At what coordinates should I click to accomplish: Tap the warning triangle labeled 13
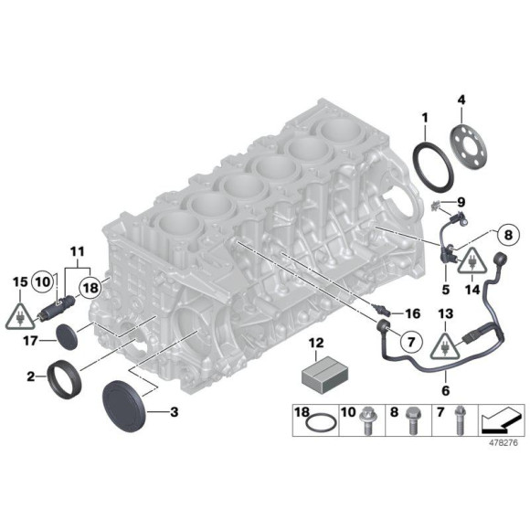tap(443, 345)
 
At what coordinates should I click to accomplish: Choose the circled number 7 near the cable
tap(408, 342)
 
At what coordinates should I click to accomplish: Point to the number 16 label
tap(411, 312)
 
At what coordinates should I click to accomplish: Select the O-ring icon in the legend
tap(318, 427)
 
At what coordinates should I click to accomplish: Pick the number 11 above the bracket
tap(75, 249)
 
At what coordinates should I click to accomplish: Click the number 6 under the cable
tap(445, 388)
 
